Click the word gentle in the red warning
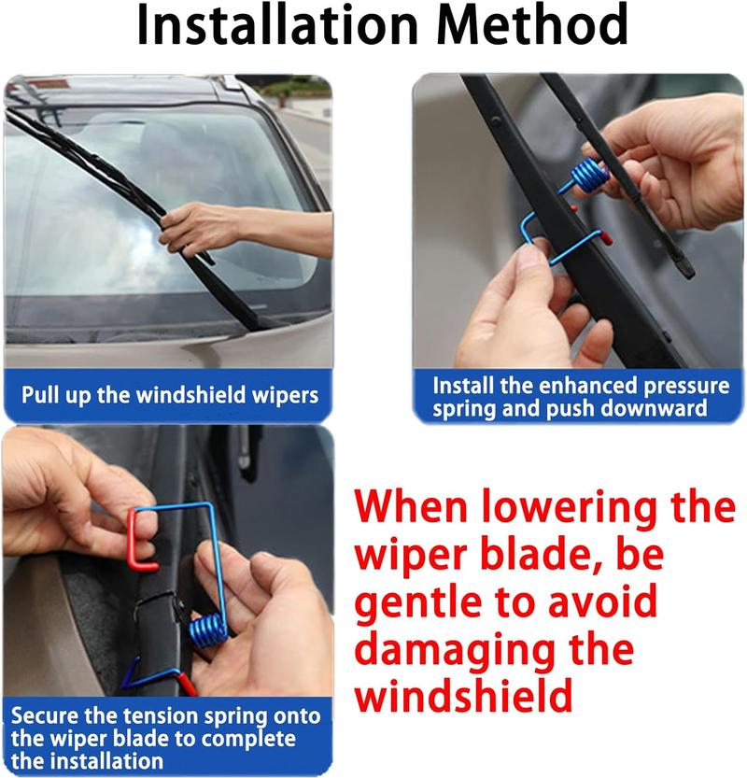429,601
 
